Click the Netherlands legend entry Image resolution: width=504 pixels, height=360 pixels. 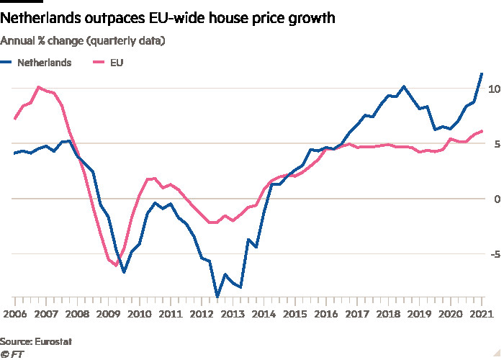click(45, 63)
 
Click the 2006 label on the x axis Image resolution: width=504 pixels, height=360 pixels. click(15, 315)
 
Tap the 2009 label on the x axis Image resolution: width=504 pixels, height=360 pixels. click(108, 315)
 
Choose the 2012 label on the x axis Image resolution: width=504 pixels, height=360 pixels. click(201, 315)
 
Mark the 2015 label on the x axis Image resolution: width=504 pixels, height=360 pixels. click(294, 315)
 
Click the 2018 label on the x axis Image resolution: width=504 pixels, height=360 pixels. click(387, 315)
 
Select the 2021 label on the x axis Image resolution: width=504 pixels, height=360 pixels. click(480, 315)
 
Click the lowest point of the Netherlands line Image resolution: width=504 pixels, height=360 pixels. click(217, 297)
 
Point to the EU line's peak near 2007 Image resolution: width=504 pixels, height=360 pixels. click(38, 88)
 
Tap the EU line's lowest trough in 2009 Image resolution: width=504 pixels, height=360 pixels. click(116, 265)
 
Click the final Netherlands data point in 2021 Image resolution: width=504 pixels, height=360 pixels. click(482, 73)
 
